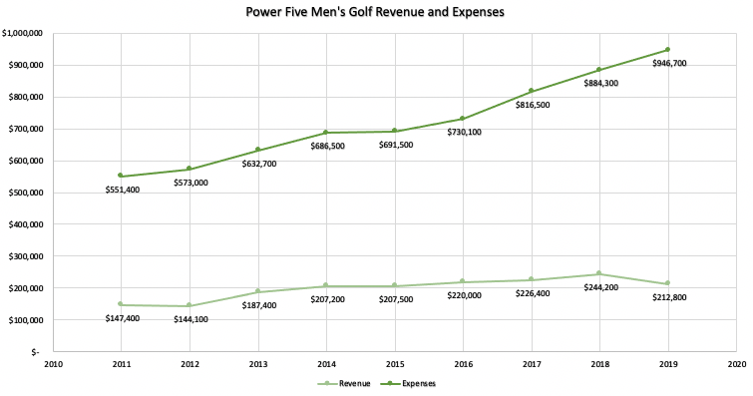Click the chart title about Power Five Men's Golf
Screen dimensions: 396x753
[376, 13]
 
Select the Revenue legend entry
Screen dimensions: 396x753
[345, 382]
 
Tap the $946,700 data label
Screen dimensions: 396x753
[668, 64]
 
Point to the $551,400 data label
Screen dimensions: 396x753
[122, 190]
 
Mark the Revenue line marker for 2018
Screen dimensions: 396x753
[599, 273]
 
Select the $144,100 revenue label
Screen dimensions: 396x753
[189, 320]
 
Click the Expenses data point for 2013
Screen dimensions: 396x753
[257, 150]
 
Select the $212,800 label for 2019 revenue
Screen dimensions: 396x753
[668, 297]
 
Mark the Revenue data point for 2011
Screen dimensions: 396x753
[121, 304]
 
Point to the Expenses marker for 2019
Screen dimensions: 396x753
[668, 49]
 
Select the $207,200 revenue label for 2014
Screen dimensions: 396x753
[326, 299]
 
